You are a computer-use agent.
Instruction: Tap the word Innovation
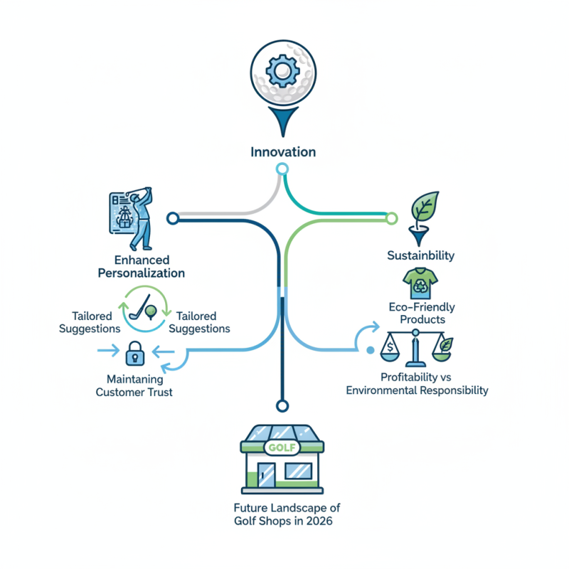pyautogui.click(x=283, y=152)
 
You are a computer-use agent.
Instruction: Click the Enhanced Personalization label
pyautogui.click(x=149, y=267)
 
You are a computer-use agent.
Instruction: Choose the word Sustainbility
pyautogui.click(x=420, y=255)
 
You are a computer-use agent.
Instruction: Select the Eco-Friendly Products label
pyautogui.click(x=422, y=313)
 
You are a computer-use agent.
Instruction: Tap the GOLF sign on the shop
pyautogui.click(x=282, y=447)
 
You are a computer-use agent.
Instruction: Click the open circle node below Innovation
pyautogui.click(x=282, y=169)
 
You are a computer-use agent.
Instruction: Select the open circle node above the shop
pyautogui.click(x=282, y=405)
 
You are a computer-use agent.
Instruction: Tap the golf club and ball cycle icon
pyautogui.click(x=145, y=309)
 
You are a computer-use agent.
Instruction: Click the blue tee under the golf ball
pyautogui.click(x=283, y=121)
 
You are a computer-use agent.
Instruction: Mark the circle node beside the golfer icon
pyautogui.click(x=171, y=218)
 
